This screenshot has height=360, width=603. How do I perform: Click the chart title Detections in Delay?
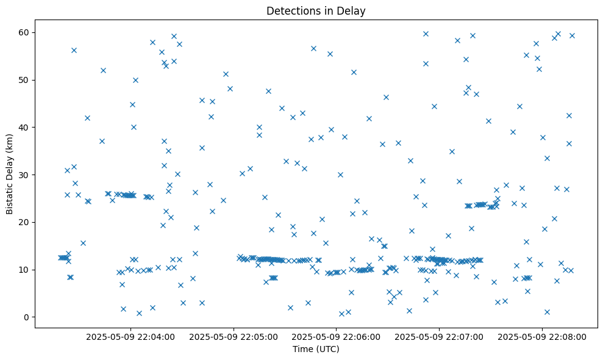pyautogui.click(x=316, y=10)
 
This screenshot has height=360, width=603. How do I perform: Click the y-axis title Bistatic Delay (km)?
pyautogui.click(x=10, y=175)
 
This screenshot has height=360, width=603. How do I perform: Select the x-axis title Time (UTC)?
pyautogui.click(x=316, y=349)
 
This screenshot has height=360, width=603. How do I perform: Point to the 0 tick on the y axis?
pyautogui.click(x=27, y=317)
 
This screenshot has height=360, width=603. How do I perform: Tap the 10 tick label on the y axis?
pyautogui.click(x=24, y=270)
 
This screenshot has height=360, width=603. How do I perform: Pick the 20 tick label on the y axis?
pyautogui.click(x=24, y=222)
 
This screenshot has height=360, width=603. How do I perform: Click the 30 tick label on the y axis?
pyautogui.click(x=24, y=175)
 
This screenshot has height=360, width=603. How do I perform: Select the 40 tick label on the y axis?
pyautogui.click(x=24, y=127)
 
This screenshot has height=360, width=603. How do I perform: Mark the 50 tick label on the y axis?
pyautogui.click(x=24, y=80)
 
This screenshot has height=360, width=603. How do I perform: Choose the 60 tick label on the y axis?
pyautogui.click(x=24, y=32)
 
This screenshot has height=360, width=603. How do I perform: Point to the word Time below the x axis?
pyautogui.click(x=302, y=349)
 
